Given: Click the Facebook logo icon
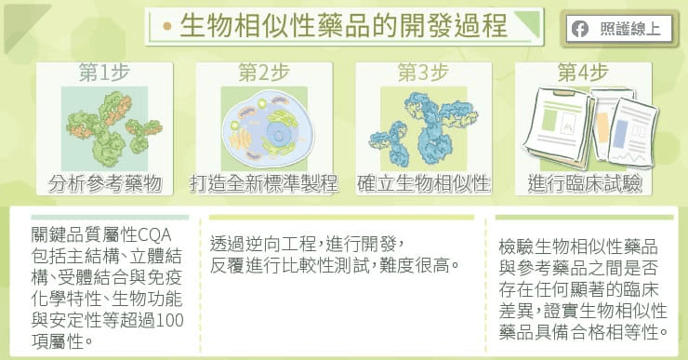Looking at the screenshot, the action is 580,30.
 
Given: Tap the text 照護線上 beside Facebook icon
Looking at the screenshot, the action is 630,29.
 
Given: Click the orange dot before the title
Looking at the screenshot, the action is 166,26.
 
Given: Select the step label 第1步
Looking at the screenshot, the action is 104,72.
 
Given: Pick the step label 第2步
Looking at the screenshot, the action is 264,72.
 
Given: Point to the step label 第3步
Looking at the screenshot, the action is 423,72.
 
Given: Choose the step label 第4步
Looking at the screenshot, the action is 583,72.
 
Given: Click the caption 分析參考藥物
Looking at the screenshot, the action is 105,183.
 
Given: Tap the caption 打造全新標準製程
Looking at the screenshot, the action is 264,183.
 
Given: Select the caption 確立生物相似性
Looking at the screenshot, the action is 423,183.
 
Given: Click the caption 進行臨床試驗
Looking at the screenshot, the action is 585,183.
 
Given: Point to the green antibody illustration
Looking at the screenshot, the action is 114,128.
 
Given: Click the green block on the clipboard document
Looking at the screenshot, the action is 549,120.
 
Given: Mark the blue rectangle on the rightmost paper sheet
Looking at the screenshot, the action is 620,133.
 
